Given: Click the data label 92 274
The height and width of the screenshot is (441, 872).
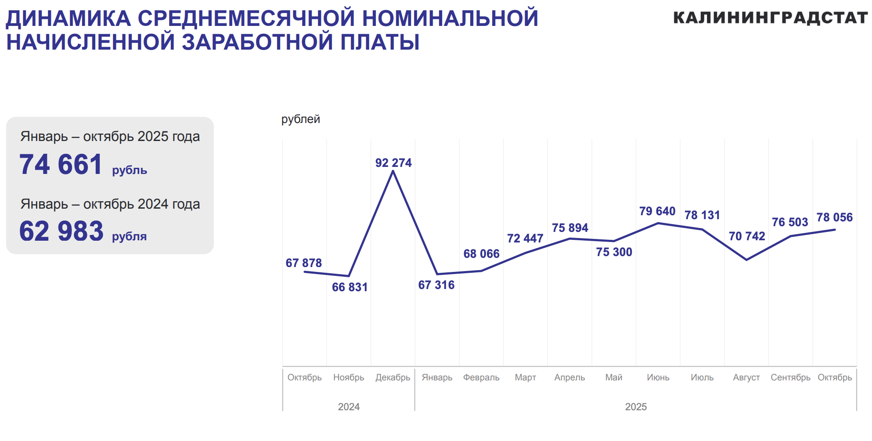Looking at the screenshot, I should point(393,163).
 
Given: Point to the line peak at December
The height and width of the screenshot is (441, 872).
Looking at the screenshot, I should point(393,171).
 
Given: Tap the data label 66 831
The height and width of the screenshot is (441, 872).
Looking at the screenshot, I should point(350,287).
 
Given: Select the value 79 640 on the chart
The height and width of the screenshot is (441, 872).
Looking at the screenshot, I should point(657,211).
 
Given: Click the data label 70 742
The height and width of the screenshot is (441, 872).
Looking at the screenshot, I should point(747,236).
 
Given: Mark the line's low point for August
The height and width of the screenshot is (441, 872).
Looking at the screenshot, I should point(746,260).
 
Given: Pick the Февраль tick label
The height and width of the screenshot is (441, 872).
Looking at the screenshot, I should point(481,377).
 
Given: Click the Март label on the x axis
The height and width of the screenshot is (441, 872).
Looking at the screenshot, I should point(525,377).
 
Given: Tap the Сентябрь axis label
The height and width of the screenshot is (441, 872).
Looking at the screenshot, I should point(790,377).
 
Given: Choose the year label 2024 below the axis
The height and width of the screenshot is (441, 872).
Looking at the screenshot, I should point(349,407).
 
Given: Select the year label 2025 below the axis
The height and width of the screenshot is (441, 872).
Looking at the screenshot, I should point(636,407).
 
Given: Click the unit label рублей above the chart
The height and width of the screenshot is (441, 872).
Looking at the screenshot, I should point(301,119).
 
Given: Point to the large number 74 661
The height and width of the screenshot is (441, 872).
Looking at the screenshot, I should point(61,165).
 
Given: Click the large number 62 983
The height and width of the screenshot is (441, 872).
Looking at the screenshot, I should point(61,231).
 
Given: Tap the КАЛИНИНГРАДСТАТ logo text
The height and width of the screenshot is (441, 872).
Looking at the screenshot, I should point(770,18).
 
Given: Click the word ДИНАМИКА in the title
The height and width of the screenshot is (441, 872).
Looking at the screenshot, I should point(68,18).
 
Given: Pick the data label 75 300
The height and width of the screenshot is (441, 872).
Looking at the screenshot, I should point(614,252).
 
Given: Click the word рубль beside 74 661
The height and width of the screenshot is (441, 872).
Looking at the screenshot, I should point(130,170).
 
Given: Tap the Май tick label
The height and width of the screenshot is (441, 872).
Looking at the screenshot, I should point(614,377).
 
